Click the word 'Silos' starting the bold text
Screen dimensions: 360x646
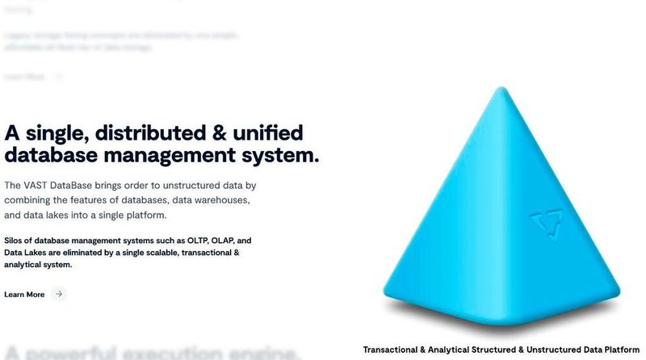15,241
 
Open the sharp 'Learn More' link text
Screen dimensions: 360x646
24,295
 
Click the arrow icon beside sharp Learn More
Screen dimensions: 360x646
58,295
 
